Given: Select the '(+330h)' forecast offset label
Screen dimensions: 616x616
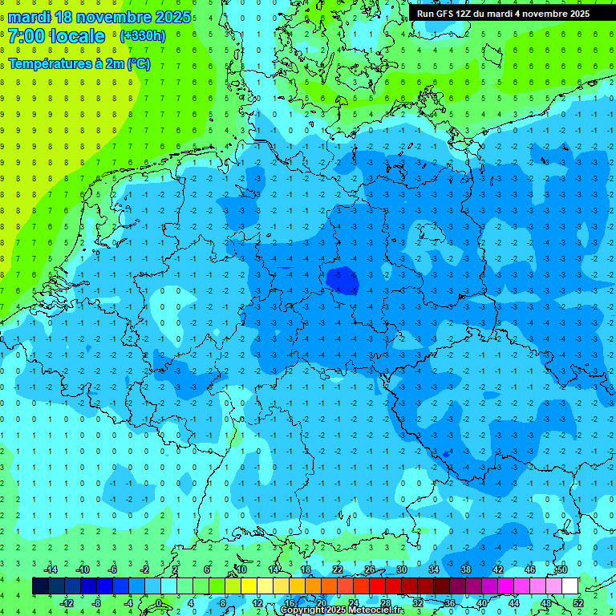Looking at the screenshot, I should click(x=142, y=36).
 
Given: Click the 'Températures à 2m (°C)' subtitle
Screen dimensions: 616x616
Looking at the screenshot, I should click(x=79, y=64).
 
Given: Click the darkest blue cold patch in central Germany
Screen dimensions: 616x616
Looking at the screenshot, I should click(x=343, y=279).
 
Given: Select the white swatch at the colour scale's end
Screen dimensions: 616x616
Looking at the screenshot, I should click(x=569, y=586).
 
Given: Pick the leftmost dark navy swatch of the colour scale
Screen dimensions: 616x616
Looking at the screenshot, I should click(x=40, y=586).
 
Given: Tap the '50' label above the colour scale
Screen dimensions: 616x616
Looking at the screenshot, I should click(x=561, y=569).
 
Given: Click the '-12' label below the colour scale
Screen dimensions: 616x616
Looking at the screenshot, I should click(x=67, y=603).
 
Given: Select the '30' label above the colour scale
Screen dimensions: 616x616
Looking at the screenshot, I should click(x=401, y=569).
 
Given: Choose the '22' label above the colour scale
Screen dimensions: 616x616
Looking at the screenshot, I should click(x=338, y=569).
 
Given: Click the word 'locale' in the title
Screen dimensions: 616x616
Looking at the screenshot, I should click(x=76, y=36).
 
